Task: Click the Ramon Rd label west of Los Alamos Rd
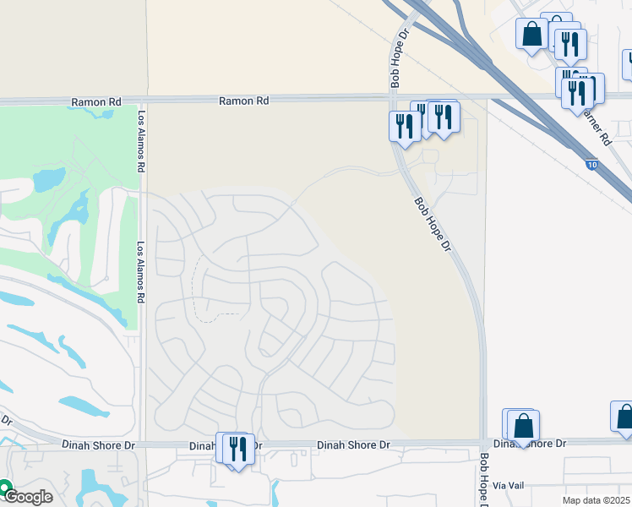tap(95, 102)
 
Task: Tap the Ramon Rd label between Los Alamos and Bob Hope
tap(243, 101)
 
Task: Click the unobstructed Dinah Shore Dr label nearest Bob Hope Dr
tap(353, 444)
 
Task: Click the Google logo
tap(30, 497)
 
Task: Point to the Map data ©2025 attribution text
tap(596, 500)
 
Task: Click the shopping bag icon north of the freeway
tap(532, 35)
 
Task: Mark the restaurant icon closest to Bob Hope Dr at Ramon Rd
tap(404, 126)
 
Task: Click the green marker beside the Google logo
tap(4, 488)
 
